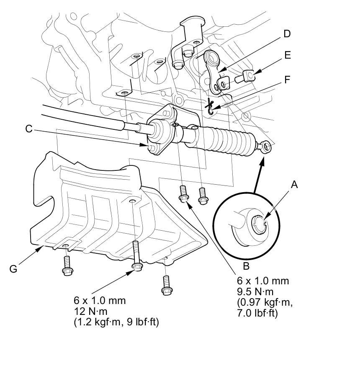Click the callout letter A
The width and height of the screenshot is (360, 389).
[295, 184]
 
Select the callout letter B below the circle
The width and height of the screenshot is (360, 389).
[247, 266]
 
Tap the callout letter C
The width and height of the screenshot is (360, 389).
[28, 129]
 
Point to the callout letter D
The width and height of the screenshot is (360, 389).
[287, 34]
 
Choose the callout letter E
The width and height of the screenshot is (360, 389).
[287, 55]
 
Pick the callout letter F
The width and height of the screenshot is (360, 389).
[287, 80]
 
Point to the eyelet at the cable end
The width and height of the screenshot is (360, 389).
[266, 146]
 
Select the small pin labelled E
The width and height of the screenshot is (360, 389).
[245, 77]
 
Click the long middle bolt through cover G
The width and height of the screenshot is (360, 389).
[135, 256]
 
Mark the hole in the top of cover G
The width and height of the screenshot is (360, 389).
[132, 202]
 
